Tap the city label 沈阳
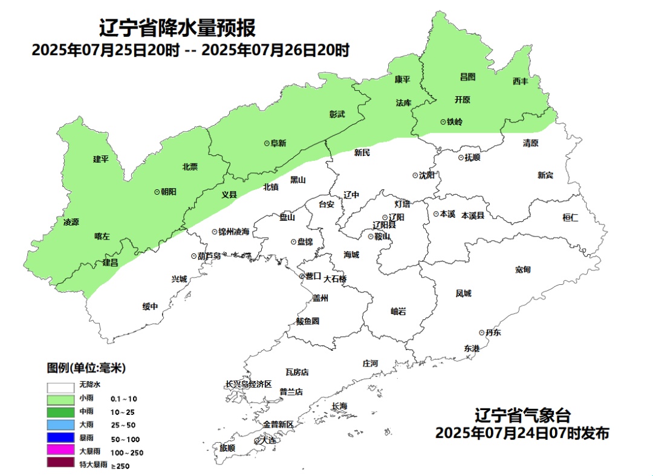(426, 175)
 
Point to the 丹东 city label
(493, 333)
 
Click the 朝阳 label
(167, 191)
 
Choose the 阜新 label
(278, 143)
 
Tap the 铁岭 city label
(454, 122)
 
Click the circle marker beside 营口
(302, 276)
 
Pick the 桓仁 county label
(570, 218)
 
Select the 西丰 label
(520, 81)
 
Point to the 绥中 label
(150, 307)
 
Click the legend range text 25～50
(123, 425)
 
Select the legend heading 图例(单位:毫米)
(86, 368)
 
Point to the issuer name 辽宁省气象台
(522, 416)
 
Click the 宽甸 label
(523, 269)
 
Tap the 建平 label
(100, 159)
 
